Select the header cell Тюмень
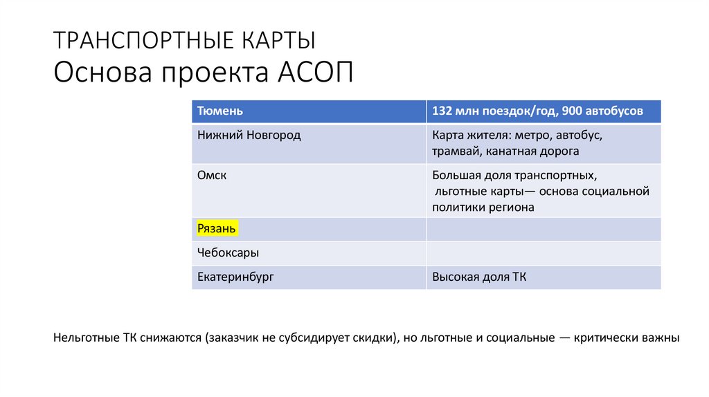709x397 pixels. pos(220,111)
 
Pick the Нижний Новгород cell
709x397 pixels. pos(249,135)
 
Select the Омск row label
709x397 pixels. pos(212,175)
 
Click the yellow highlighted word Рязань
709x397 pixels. pos(217,228)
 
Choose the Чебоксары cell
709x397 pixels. pos(228,252)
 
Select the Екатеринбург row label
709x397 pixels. pos(235,277)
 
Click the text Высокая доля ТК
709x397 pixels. pos(479,277)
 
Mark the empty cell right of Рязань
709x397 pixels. pos(544,228)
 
